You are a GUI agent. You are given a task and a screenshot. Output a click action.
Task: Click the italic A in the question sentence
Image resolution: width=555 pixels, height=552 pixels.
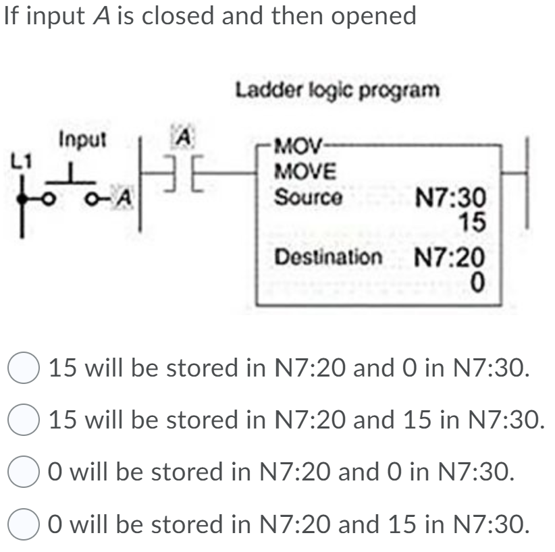coord(95,16)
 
